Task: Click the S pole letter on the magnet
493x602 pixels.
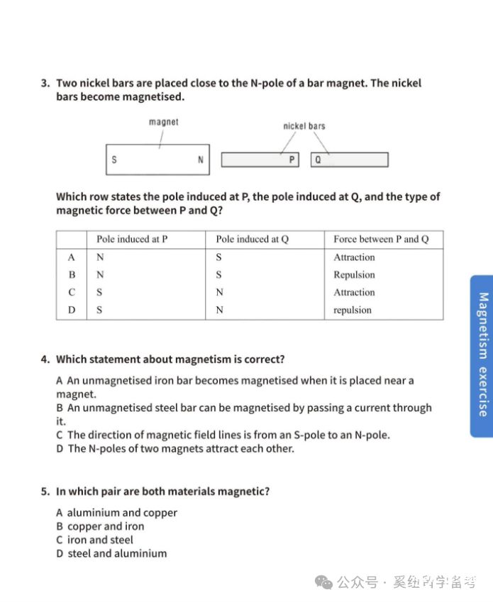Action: point(114,160)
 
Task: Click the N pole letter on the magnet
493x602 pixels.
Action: point(201,160)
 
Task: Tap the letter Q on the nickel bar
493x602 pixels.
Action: point(318,160)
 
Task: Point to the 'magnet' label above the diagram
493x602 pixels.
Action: point(164,122)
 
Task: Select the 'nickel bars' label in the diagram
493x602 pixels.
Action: point(304,126)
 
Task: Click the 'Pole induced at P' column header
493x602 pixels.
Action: point(132,239)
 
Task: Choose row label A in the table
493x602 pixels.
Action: point(72,257)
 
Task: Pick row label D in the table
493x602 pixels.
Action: point(72,310)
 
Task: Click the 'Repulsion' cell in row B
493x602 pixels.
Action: point(354,275)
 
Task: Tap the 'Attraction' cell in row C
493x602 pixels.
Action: point(354,292)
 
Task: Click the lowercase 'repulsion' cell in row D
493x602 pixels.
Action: point(353,310)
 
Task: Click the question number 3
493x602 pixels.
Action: point(45,83)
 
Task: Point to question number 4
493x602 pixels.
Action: point(45,359)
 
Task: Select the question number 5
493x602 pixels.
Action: point(45,491)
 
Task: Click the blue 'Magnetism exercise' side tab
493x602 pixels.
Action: point(482,355)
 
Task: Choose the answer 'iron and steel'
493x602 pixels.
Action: point(100,540)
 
